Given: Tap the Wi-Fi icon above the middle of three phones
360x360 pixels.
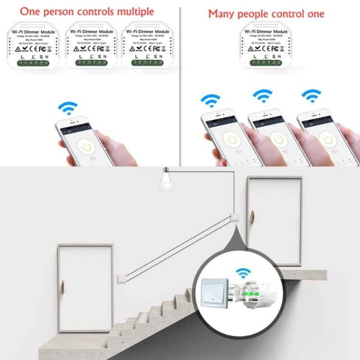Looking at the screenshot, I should coord(263,96).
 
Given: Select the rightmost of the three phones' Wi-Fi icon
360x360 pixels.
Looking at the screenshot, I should coord(311,96).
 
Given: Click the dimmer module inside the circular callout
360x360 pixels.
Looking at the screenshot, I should coord(252,298).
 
